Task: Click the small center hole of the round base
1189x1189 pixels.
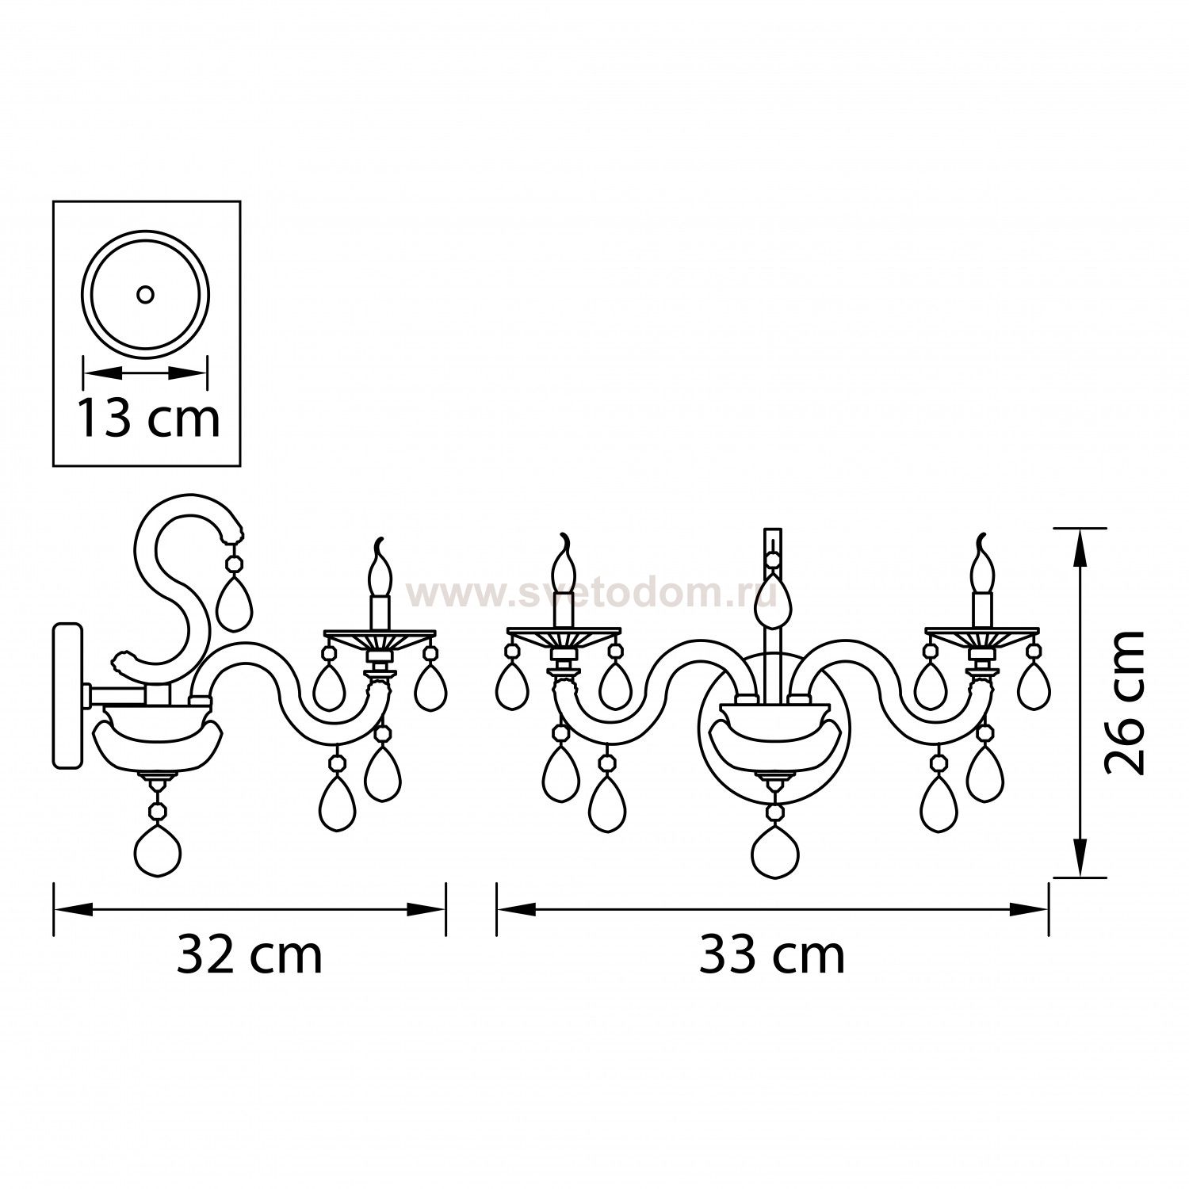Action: [145, 295]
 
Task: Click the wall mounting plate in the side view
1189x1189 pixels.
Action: [67, 695]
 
